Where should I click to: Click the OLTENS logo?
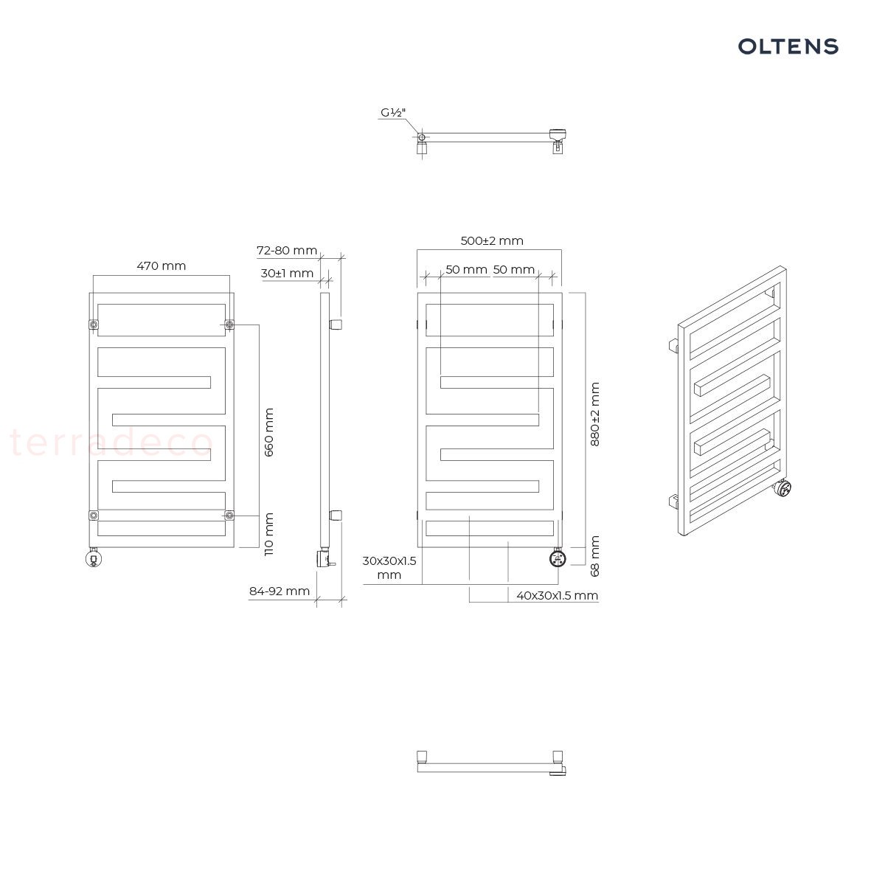(x=788, y=46)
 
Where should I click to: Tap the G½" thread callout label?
(x=393, y=113)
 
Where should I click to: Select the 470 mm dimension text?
(x=162, y=266)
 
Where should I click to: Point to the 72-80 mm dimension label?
(x=287, y=250)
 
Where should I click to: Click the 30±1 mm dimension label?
(x=287, y=274)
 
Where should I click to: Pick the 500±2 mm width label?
(x=492, y=240)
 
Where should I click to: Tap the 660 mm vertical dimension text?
(x=269, y=432)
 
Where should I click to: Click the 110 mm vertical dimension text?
(x=269, y=534)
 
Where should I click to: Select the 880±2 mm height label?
(x=594, y=414)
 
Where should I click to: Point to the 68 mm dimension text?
(x=594, y=556)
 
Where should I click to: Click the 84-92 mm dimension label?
(x=280, y=591)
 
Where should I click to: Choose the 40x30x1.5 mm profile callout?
(x=557, y=596)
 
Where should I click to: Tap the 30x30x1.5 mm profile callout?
(x=389, y=568)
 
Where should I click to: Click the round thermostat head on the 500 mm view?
(x=558, y=558)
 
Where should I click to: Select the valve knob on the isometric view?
(x=783, y=487)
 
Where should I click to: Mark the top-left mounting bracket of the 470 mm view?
(x=94, y=324)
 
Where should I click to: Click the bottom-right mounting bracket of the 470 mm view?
(x=229, y=516)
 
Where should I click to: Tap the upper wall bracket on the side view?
(x=336, y=324)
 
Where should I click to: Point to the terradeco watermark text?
(x=111, y=442)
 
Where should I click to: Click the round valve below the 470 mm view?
(x=94, y=559)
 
